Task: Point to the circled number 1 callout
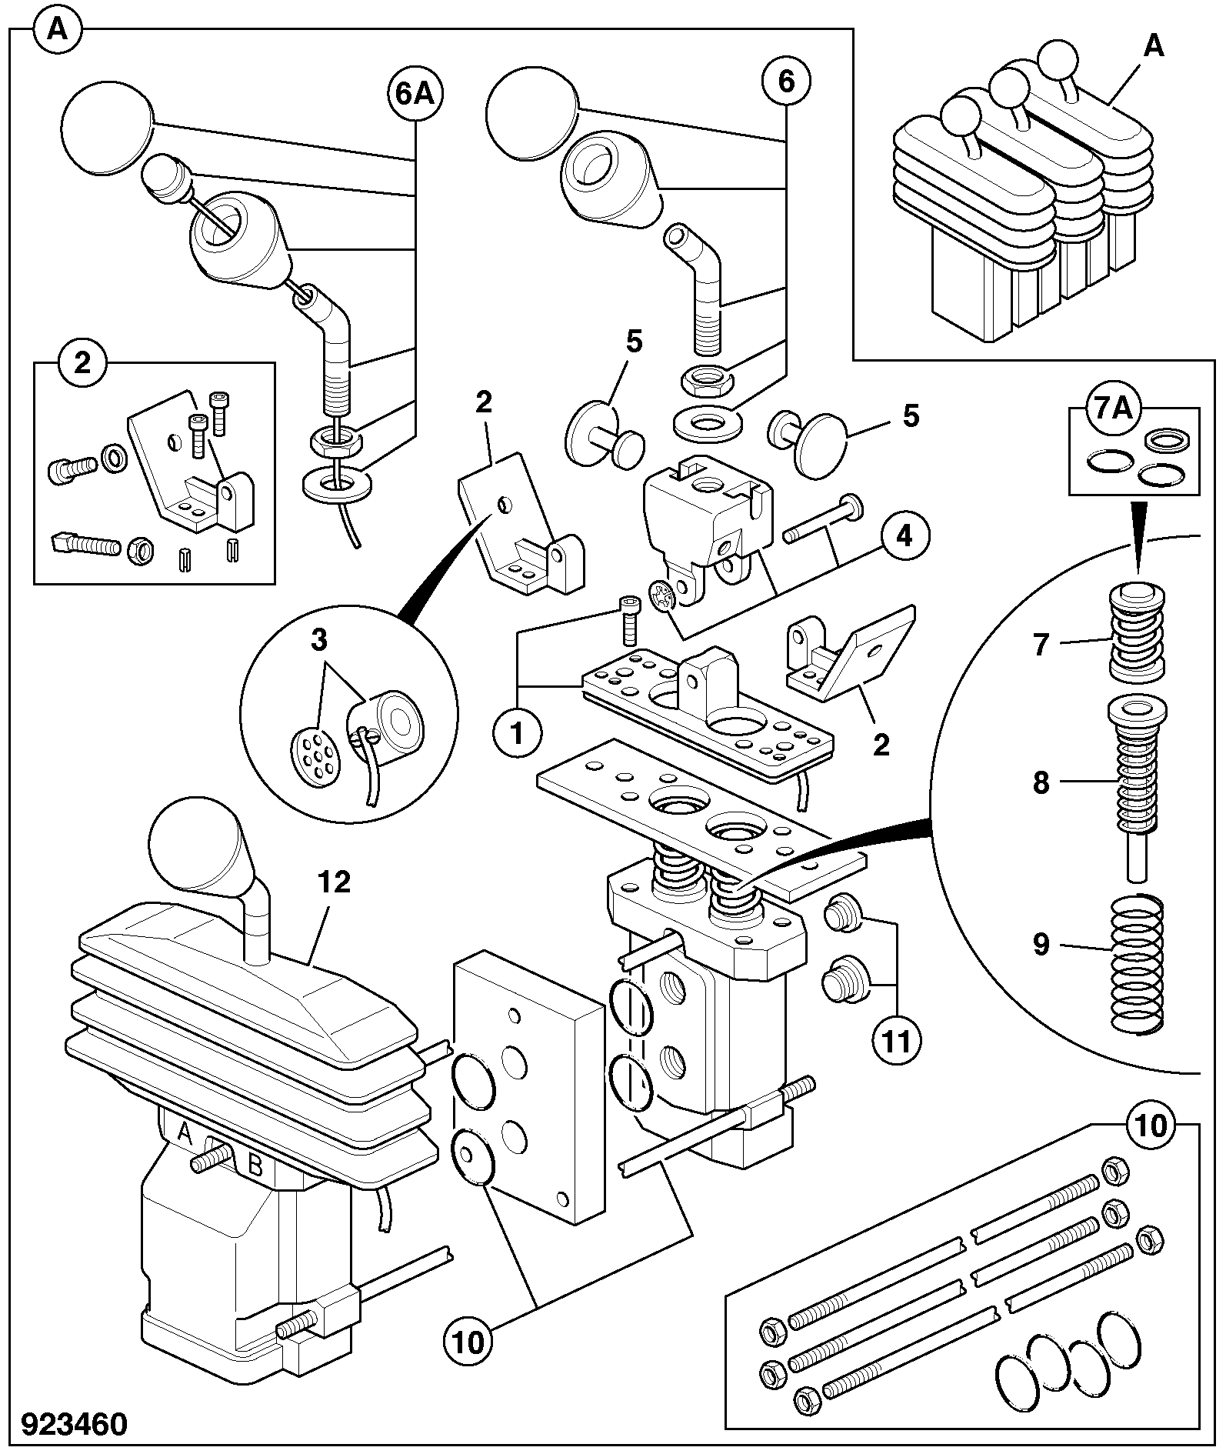click(x=516, y=733)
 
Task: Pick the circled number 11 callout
click(x=897, y=1041)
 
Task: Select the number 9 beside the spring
click(x=1041, y=945)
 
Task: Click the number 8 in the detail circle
click(x=1041, y=783)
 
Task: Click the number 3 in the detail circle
click(x=319, y=640)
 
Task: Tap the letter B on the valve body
click(x=256, y=1167)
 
